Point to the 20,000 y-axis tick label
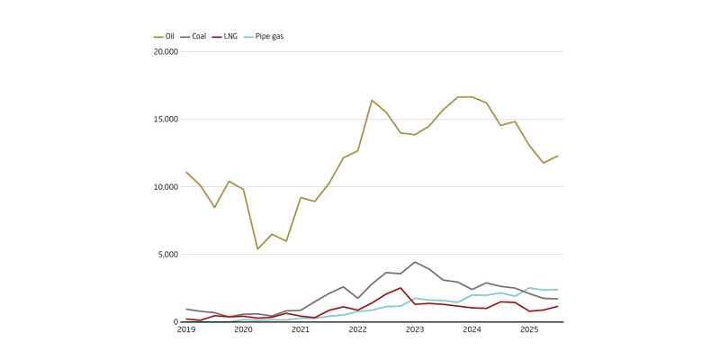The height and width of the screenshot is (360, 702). pyautogui.click(x=165, y=51)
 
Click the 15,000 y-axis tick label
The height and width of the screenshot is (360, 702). pyautogui.click(x=165, y=119)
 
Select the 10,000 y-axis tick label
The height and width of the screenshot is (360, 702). pyautogui.click(x=165, y=187)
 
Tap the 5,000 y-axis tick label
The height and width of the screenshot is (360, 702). pyautogui.click(x=167, y=255)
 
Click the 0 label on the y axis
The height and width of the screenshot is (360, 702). pyautogui.click(x=176, y=322)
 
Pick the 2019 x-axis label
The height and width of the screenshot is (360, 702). pyautogui.click(x=186, y=331)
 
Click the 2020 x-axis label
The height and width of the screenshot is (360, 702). pyautogui.click(x=243, y=331)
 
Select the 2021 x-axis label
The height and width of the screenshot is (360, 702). pyautogui.click(x=301, y=331)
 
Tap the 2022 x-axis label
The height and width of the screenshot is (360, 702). pyautogui.click(x=357, y=331)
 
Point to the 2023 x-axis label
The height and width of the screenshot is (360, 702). pyautogui.click(x=415, y=331)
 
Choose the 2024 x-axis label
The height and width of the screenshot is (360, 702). pyautogui.click(x=472, y=331)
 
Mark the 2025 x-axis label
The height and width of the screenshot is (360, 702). pyautogui.click(x=529, y=331)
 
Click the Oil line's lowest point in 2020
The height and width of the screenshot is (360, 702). pyautogui.click(x=257, y=249)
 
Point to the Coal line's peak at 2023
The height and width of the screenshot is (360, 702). pyautogui.click(x=415, y=262)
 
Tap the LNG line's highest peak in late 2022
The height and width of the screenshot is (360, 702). pyautogui.click(x=400, y=288)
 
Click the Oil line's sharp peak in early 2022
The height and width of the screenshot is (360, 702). pyautogui.click(x=372, y=100)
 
